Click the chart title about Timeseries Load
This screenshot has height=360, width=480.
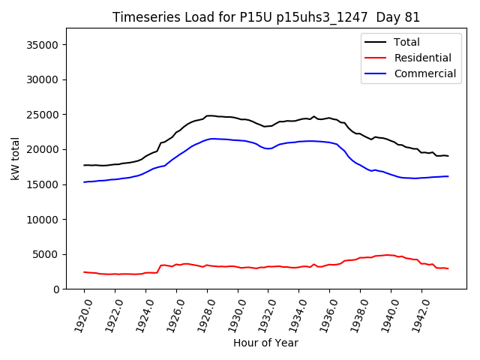[x=266, y=17]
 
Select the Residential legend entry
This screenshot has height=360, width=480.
[x=422, y=58]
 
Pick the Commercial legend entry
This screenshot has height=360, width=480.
[x=424, y=73]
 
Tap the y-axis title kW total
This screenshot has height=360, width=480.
[x=15, y=158]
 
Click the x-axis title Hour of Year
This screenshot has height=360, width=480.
[x=265, y=343]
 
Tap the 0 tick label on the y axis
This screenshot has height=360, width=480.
[x=57, y=289]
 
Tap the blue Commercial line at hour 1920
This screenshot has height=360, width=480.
[x=85, y=181]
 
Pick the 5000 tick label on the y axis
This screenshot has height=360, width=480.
[x=46, y=254]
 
